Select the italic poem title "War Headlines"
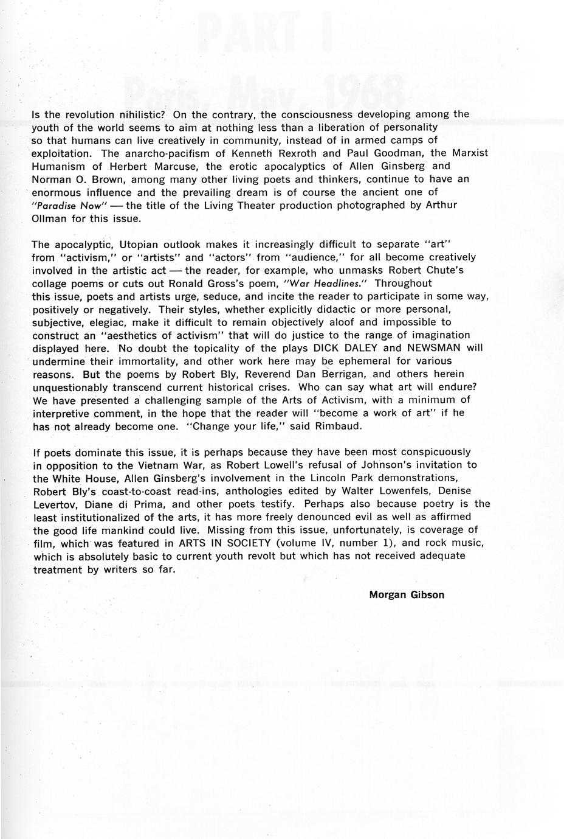pos(341,284)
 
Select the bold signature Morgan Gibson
pos(407,595)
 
